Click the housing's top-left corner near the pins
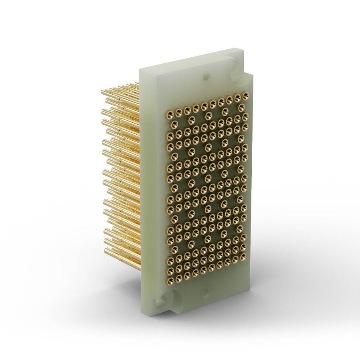140,70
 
